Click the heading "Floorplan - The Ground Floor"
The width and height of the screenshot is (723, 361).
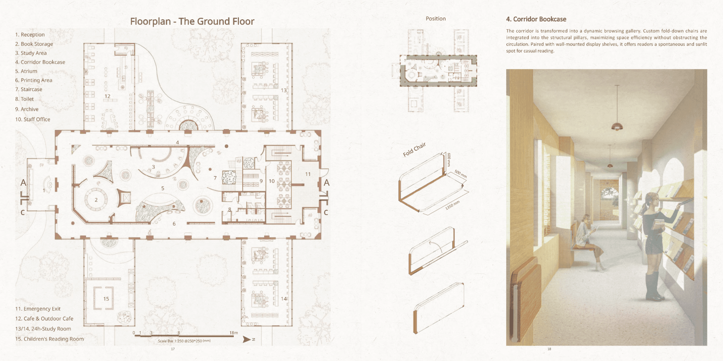click(x=192, y=21)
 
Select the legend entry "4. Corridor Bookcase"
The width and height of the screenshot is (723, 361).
click(x=40, y=62)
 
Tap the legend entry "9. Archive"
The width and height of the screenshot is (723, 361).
click(x=27, y=109)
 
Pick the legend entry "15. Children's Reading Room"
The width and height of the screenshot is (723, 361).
click(x=49, y=339)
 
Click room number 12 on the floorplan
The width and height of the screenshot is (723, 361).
click(x=107, y=96)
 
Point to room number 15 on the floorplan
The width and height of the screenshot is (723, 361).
click(x=106, y=299)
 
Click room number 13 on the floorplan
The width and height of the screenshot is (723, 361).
click(x=283, y=90)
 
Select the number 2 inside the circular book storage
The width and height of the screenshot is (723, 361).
click(x=96, y=200)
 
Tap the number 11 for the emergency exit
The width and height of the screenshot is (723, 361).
click(x=308, y=174)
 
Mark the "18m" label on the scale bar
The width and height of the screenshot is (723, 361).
click(x=233, y=333)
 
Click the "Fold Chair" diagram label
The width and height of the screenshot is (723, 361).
click(x=415, y=149)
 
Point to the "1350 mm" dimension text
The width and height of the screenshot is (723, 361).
click(x=452, y=205)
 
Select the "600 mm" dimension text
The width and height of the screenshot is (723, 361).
click(x=449, y=159)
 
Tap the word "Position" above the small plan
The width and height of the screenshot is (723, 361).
click(x=436, y=19)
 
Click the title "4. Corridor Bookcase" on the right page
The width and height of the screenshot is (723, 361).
click(x=536, y=19)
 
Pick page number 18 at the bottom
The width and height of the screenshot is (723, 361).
click(x=549, y=349)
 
